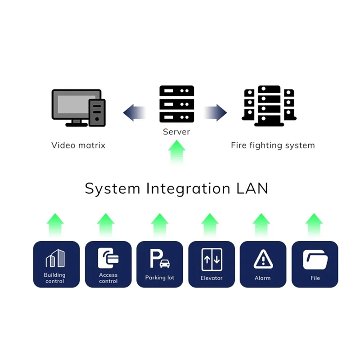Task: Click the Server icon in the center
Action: [176, 104]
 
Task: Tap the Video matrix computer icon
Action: [78, 108]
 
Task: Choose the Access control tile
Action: [108, 264]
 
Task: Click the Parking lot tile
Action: [159, 264]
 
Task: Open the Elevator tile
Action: [211, 264]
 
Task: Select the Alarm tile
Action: [262, 264]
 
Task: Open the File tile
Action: [315, 264]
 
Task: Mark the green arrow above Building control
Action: [55, 225]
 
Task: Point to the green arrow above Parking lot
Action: [159, 225]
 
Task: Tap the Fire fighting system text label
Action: [273, 145]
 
